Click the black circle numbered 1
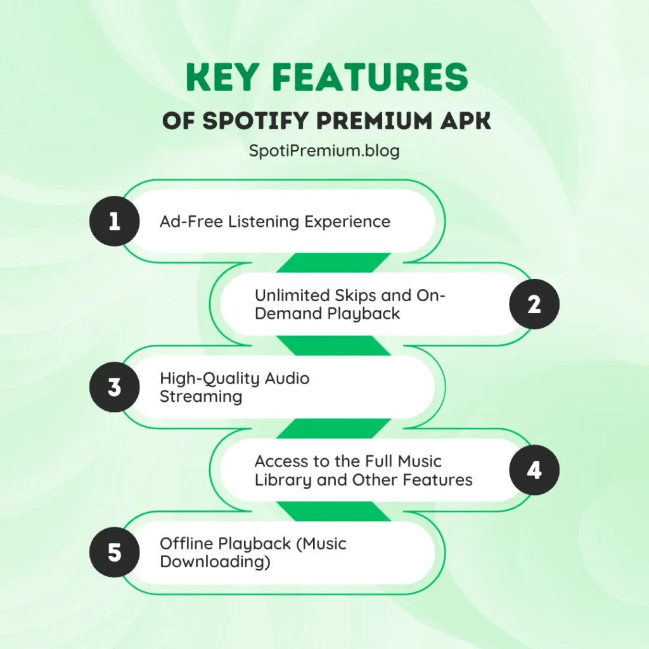114,222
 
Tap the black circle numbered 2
534,305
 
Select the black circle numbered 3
114,387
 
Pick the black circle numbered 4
534,470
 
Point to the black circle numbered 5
114,553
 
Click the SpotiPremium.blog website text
324,152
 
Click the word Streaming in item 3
201,397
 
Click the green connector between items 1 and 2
333,263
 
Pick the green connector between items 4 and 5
333,511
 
